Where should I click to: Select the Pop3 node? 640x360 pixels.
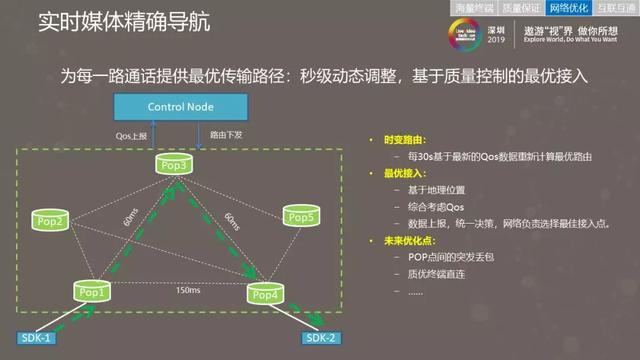(172, 164)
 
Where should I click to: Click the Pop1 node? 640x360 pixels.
(92, 293)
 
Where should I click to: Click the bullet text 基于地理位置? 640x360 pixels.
(434, 190)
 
